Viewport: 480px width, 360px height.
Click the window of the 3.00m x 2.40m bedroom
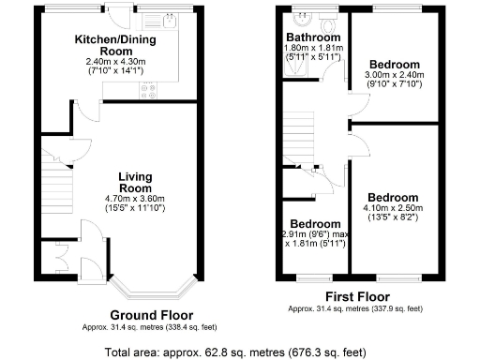tap(393, 10)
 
